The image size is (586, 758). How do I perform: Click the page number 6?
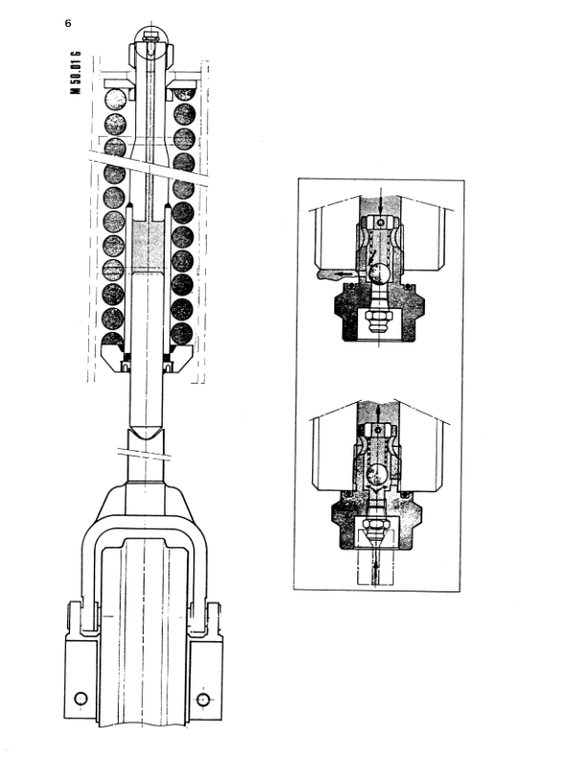pyautogui.click(x=68, y=23)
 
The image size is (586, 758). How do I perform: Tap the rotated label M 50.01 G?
pyautogui.click(x=76, y=73)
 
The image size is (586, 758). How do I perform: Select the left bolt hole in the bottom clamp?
pyautogui.click(x=80, y=698)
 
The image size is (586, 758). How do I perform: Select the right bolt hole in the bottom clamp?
pyautogui.click(x=203, y=699)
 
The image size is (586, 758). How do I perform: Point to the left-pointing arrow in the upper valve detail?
pyautogui.click(x=345, y=274)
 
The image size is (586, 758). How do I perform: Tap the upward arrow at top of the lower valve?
pyautogui.click(x=377, y=413)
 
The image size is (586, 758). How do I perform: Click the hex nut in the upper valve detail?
pyautogui.click(x=377, y=318)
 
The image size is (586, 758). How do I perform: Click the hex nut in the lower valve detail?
pyautogui.click(x=376, y=524)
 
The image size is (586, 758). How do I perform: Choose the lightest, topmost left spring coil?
pyautogui.click(x=115, y=100)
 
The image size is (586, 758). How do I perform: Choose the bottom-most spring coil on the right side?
pyautogui.click(x=182, y=334)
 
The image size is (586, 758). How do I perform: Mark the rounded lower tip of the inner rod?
pyautogui.click(x=146, y=434)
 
